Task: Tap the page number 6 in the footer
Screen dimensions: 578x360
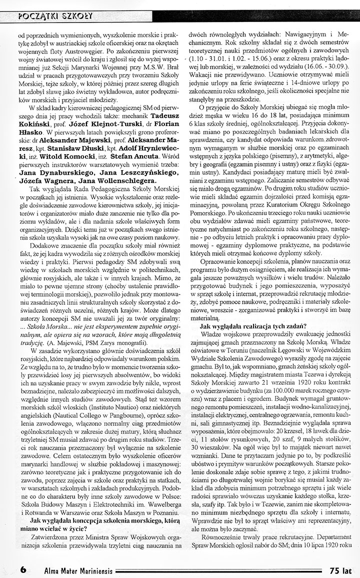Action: tap(23, 569)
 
